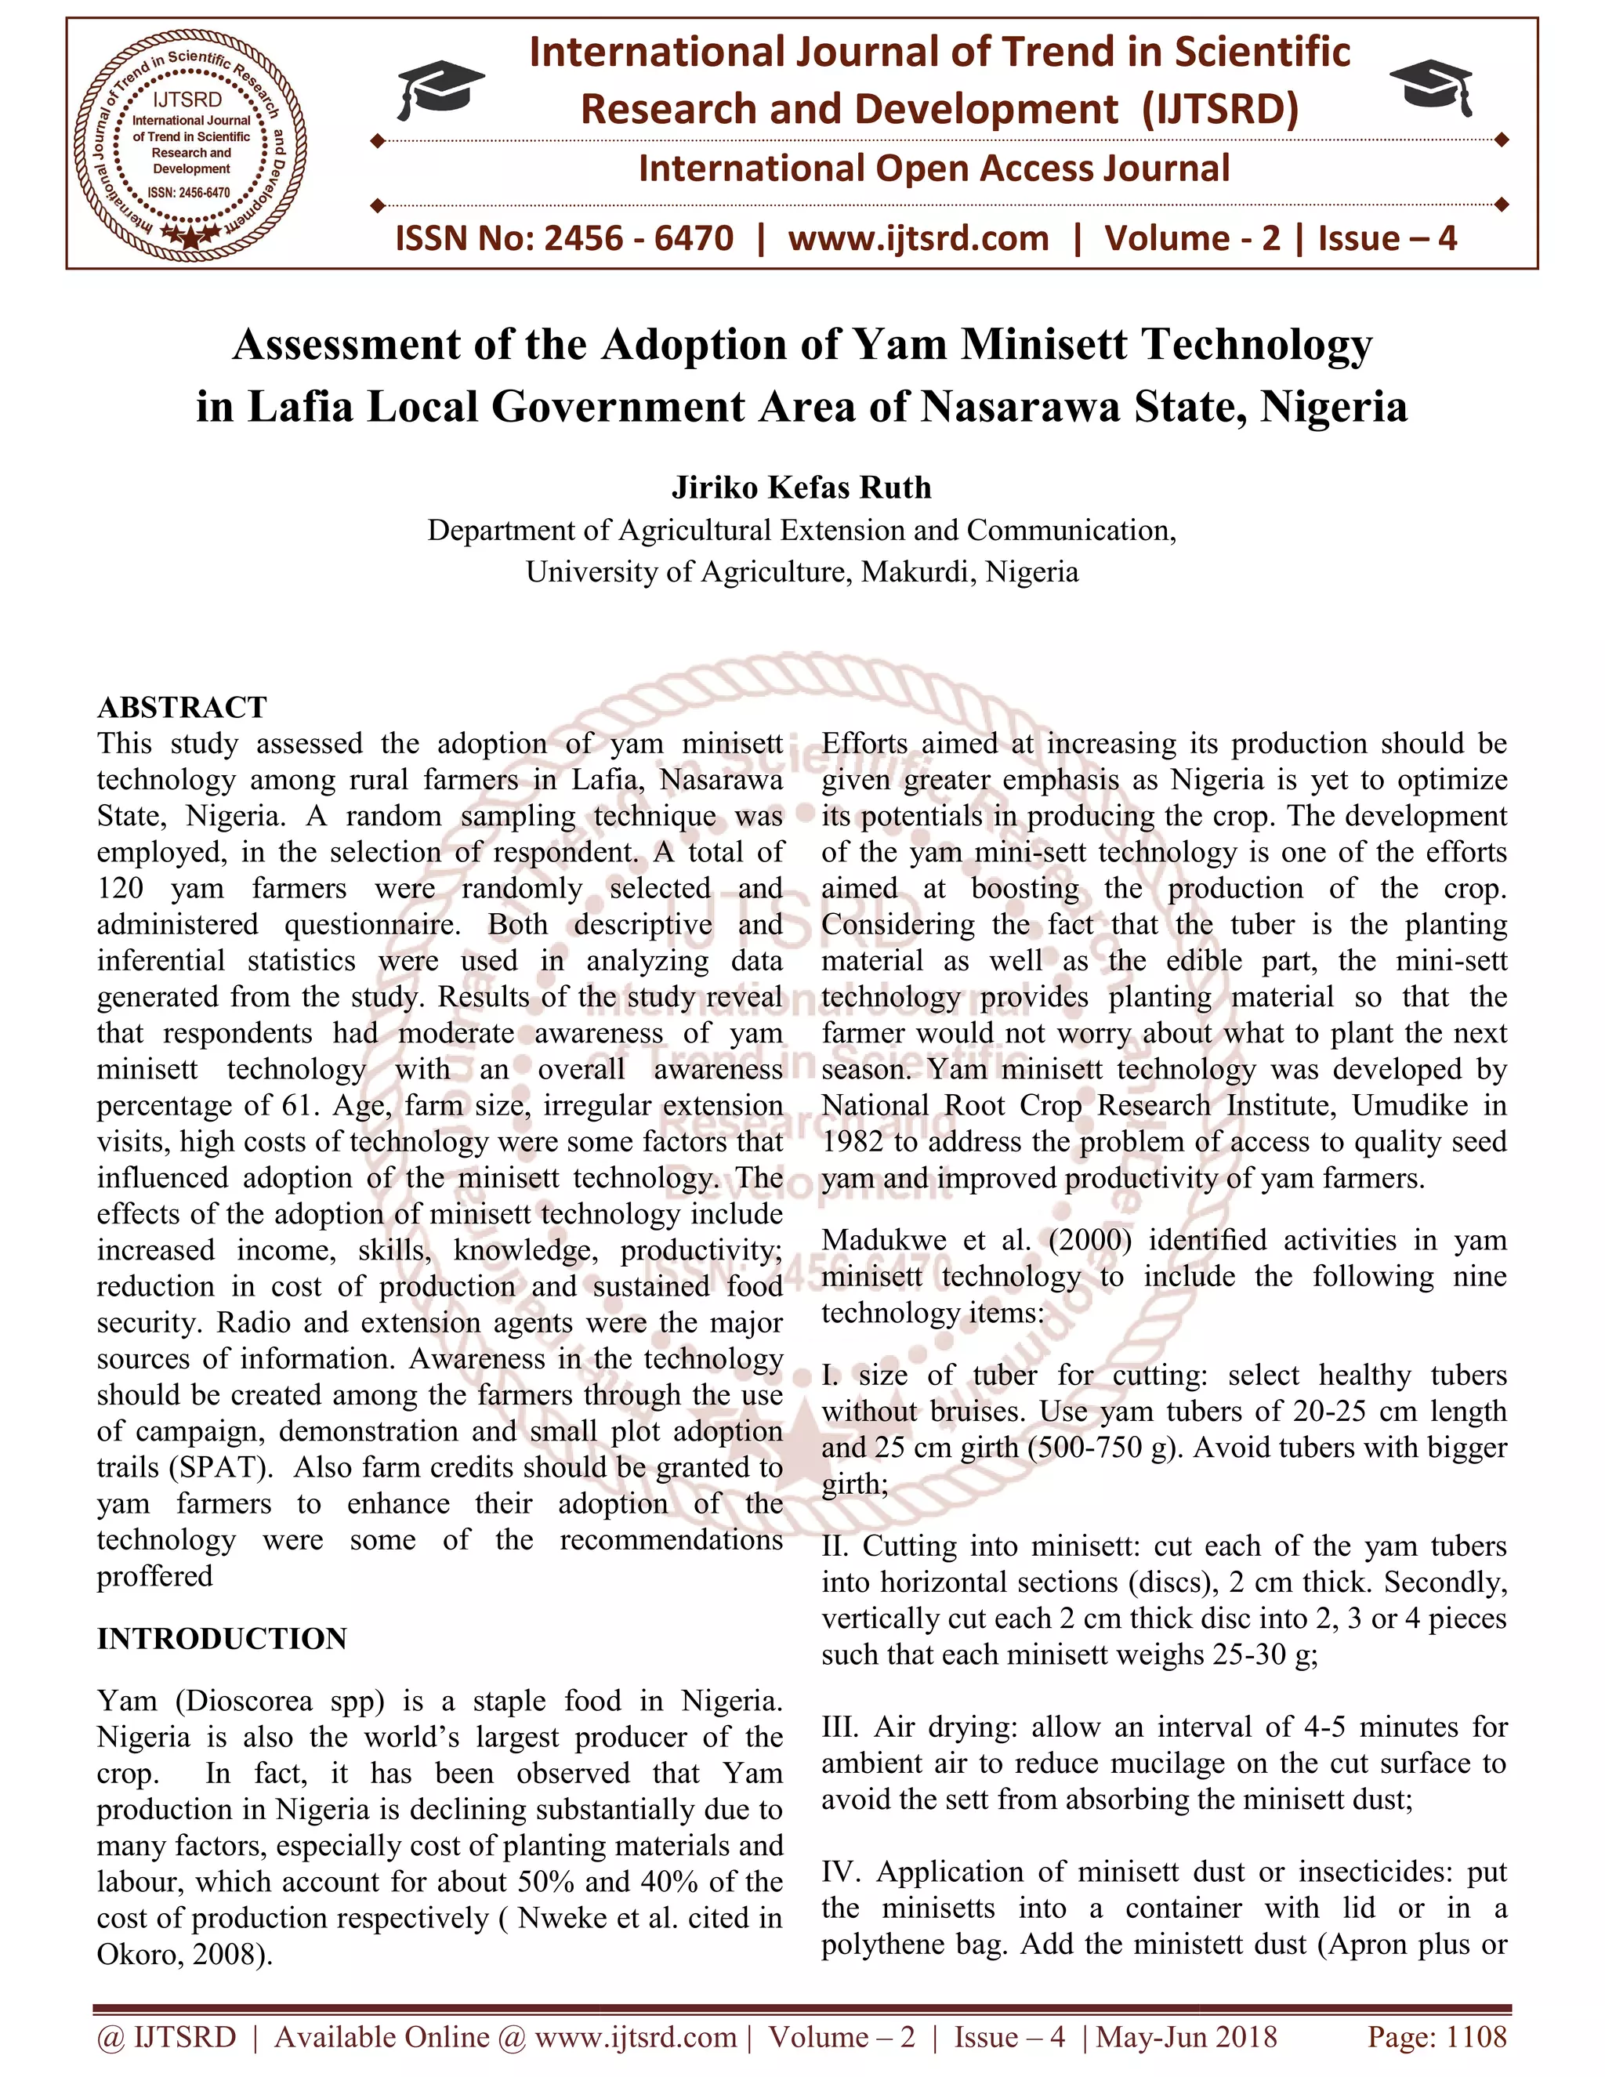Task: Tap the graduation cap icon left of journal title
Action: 440,88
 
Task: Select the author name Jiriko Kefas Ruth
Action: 802,487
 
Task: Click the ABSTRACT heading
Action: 182,708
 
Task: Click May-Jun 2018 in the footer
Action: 1187,2036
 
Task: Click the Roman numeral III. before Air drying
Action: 841,1727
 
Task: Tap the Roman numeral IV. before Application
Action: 842,1872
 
